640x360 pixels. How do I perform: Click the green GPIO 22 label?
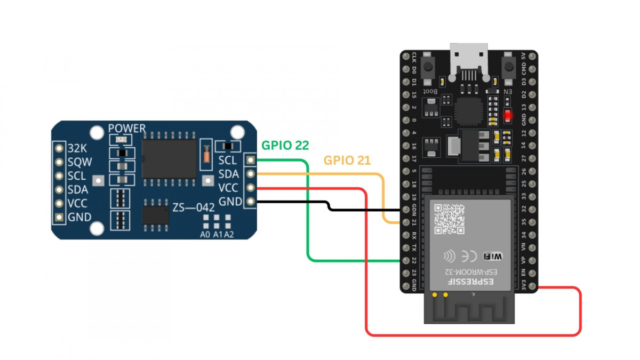285,145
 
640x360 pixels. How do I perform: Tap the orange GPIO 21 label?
347,161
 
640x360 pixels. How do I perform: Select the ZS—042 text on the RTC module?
193,206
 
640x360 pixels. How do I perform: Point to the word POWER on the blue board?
126,129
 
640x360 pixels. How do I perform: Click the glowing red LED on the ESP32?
508,115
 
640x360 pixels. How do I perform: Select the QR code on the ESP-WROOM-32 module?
449,219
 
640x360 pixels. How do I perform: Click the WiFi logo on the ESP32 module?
493,257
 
